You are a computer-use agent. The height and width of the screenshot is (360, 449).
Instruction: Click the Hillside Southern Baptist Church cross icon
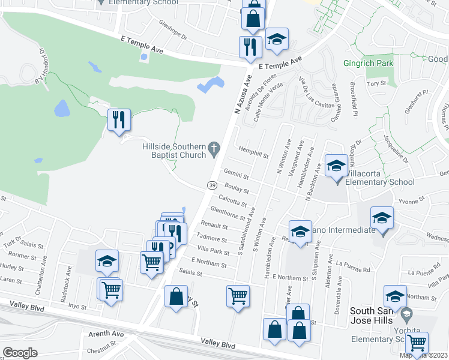[x=213, y=148]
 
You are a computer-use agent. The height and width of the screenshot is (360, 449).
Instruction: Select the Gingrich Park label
[x=368, y=62]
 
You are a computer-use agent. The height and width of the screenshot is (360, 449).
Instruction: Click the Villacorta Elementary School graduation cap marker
[x=336, y=166]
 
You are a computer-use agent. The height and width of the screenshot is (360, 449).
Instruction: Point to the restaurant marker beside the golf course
[x=119, y=119]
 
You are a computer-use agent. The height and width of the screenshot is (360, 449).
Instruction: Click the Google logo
[x=20, y=352]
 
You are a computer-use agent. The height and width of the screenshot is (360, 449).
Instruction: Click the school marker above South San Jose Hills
[x=394, y=296]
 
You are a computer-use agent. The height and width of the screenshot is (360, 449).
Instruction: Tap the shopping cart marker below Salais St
[x=238, y=295]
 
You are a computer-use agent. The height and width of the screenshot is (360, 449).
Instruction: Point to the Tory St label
[x=376, y=84]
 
